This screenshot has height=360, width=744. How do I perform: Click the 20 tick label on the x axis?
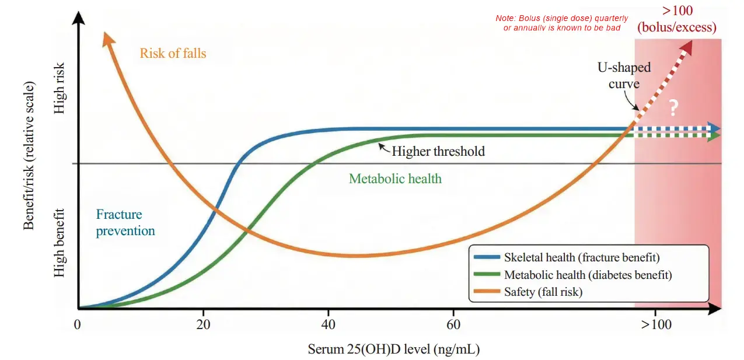(203, 324)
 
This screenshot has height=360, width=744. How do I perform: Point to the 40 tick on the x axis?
(328, 324)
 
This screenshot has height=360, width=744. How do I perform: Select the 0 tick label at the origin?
(77, 324)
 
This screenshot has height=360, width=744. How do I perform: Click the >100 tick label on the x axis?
(656, 324)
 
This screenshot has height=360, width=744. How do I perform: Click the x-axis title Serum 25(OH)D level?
(394, 349)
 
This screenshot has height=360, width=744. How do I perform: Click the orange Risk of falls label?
(173, 54)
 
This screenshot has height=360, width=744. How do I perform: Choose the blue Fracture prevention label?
(125, 222)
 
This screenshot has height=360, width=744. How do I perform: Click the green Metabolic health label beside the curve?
(395, 179)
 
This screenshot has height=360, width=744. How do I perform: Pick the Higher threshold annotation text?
(438, 152)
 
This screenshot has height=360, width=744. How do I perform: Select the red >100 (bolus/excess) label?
(676, 19)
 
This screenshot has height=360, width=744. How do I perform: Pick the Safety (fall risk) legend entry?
(543, 292)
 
